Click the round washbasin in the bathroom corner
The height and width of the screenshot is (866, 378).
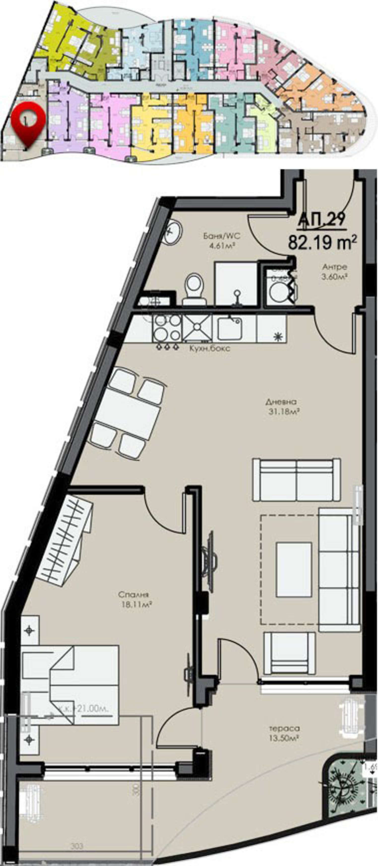(173, 231)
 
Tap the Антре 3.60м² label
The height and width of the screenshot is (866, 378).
(334, 272)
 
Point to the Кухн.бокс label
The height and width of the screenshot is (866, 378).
(209, 348)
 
